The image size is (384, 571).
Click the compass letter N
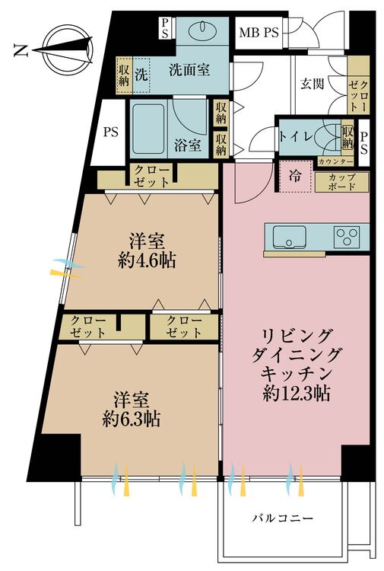[x=21, y=50]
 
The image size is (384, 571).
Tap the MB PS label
[x=259, y=33]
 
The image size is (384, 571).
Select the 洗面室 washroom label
[x=189, y=69]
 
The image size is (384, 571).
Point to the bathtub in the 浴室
[x=148, y=129]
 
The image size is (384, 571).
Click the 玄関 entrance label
[x=313, y=84]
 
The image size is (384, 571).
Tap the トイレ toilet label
[x=296, y=136]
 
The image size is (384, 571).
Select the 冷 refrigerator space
[x=295, y=177]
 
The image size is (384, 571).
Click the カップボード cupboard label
[x=342, y=182]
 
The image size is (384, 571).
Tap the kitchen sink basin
[x=290, y=237]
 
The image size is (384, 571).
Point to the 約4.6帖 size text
[x=147, y=260]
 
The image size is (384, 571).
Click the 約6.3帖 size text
[x=132, y=419]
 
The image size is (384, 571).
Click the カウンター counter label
[x=335, y=161]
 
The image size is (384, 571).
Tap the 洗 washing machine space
[x=141, y=75]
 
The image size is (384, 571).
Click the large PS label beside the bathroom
[x=111, y=132]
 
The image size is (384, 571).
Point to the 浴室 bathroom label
[x=188, y=145]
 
